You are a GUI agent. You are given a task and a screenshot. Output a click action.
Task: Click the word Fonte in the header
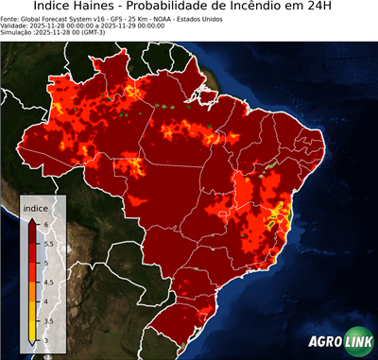point(10,18)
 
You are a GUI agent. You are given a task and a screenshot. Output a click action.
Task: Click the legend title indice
point(35,207)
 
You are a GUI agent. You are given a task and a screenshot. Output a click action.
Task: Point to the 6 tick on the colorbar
point(48,223)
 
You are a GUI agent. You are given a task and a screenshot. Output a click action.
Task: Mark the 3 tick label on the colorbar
point(48,342)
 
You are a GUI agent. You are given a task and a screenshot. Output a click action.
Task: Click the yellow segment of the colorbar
point(33,327)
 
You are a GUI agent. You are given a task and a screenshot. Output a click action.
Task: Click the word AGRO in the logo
point(326,342)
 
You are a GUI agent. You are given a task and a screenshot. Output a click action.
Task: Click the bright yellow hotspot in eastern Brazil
point(276,214)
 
